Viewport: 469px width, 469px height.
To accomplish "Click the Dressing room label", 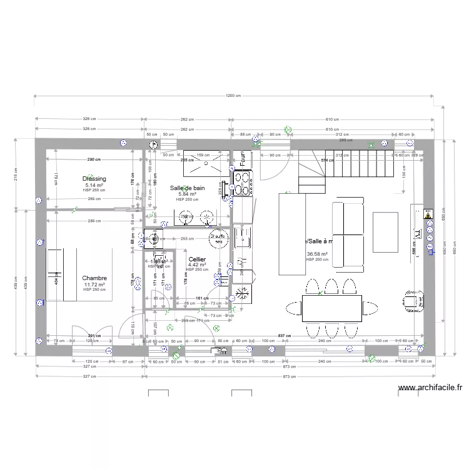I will [x=94, y=179].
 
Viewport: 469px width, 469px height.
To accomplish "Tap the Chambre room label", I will [x=94, y=278].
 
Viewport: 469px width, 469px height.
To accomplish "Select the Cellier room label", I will [x=197, y=259].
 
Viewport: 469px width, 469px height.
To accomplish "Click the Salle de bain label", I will [x=188, y=188].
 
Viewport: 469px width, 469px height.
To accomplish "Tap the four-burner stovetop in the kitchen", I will [x=242, y=181].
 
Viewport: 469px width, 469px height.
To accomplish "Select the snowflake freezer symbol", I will [x=242, y=293].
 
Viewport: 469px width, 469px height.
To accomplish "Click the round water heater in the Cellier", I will [x=217, y=236].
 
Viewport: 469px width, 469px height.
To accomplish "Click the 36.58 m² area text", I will [x=317, y=254].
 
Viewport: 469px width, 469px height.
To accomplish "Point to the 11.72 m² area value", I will [x=94, y=285].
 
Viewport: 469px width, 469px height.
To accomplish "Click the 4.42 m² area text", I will [x=197, y=265].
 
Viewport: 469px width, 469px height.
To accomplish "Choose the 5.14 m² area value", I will [x=94, y=185].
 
